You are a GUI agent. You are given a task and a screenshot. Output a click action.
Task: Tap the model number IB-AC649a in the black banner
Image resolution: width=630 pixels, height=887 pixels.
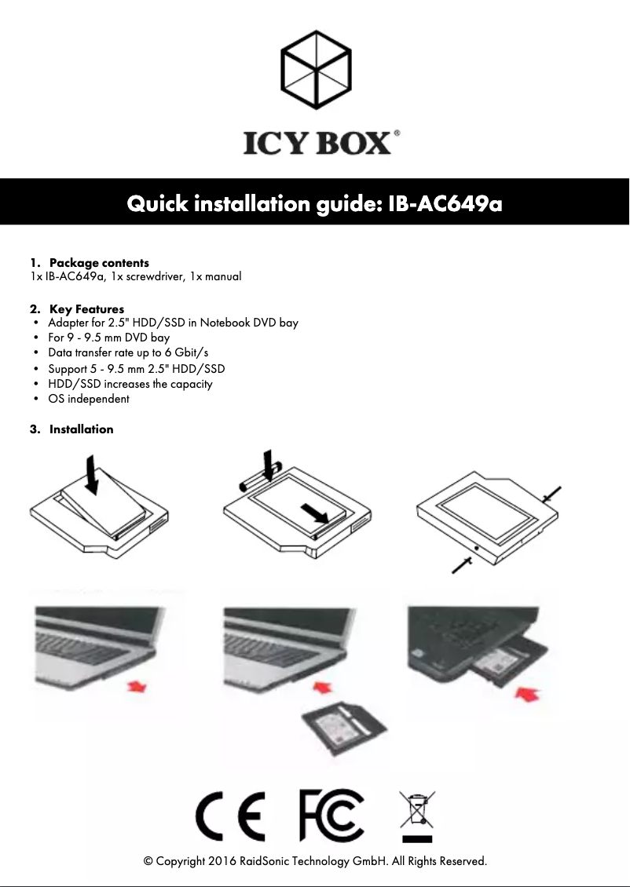coord(445,204)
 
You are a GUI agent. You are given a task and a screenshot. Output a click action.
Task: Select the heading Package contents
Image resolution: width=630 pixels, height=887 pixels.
coord(99,262)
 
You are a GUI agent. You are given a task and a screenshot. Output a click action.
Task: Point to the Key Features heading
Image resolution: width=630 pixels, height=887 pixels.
coord(86,308)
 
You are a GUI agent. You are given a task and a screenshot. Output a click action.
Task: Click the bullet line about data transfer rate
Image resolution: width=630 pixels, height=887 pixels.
coord(128,352)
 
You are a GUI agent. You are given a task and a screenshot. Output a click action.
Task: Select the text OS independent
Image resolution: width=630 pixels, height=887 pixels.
coord(89,399)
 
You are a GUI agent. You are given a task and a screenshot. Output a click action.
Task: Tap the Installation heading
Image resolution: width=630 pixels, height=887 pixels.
coord(81,429)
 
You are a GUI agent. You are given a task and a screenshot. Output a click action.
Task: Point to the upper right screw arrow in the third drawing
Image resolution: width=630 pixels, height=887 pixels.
coord(552,492)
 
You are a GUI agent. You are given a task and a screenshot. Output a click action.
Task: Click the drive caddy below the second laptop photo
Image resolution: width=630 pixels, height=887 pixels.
coord(344,721)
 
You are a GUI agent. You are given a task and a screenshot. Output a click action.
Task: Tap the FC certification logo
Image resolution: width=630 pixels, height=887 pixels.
coord(331,816)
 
